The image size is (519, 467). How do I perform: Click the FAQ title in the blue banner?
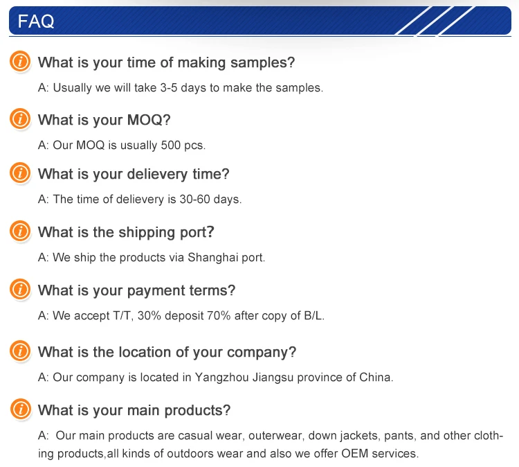click(36, 21)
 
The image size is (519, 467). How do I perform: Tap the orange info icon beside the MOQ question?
click(20, 118)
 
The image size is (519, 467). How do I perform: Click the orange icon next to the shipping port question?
click(20, 231)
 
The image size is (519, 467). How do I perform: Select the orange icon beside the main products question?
click(21, 409)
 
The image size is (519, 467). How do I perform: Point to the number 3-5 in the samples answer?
click(169, 88)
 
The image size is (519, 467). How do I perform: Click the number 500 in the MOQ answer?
click(171, 146)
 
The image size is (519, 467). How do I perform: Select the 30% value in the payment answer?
click(149, 315)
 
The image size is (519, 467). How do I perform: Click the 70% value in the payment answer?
click(219, 315)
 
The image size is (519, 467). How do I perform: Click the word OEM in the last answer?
click(354, 453)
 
